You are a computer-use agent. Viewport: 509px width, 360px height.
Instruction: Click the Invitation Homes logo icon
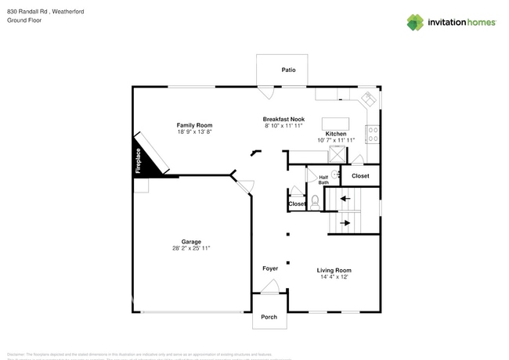point(415,22)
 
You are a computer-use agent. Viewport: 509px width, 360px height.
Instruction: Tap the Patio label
point(288,70)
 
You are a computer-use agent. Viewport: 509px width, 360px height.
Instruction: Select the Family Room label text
point(194,125)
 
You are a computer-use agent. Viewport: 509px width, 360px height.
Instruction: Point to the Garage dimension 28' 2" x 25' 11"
point(191,248)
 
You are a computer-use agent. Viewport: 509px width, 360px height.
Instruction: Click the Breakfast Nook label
point(283,118)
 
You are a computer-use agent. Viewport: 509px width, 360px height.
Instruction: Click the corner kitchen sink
point(366,99)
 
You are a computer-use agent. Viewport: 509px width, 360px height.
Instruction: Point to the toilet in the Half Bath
point(315,201)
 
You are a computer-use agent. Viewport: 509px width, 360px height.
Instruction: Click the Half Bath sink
point(335,175)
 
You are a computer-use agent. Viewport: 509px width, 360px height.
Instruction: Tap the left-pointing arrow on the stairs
point(345,199)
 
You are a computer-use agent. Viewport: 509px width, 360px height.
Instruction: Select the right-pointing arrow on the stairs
point(345,225)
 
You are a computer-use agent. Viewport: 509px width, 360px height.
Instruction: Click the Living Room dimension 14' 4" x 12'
point(334,276)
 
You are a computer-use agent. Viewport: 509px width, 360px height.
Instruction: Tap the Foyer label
point(269,268)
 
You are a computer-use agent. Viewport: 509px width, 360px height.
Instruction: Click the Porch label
point(269,317)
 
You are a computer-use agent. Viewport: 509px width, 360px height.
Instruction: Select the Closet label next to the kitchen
point(360,176)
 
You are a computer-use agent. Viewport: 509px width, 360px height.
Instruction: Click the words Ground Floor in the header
point(23,20)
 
